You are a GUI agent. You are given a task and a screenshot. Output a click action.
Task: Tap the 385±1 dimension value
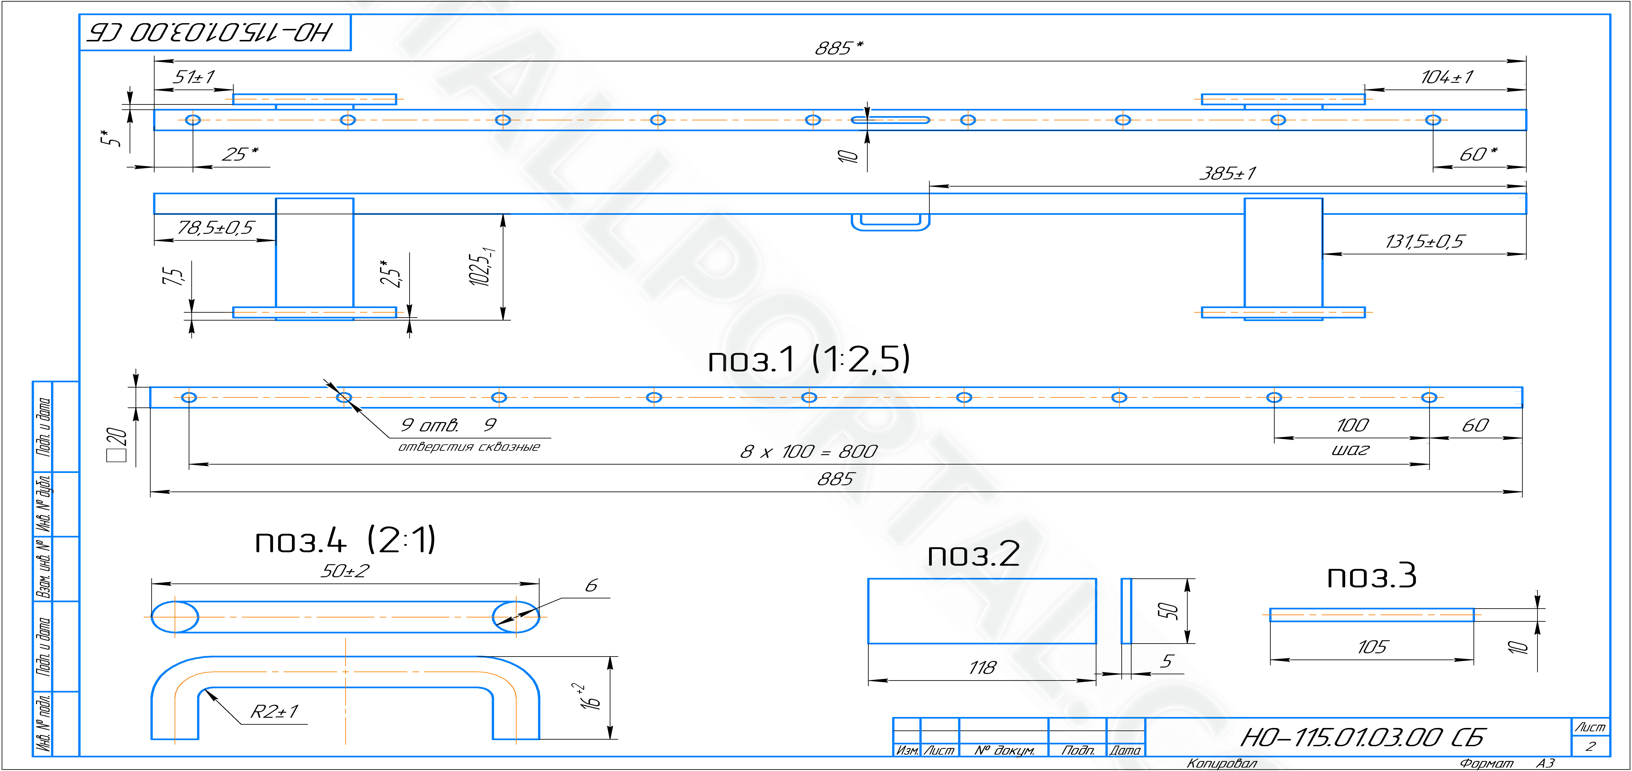[1227, 173]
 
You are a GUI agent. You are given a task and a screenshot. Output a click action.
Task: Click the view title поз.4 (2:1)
[345, 540]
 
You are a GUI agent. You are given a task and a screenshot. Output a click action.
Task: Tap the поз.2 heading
[974, 554]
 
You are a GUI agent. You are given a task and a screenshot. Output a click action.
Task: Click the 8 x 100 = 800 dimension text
[808, 451]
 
